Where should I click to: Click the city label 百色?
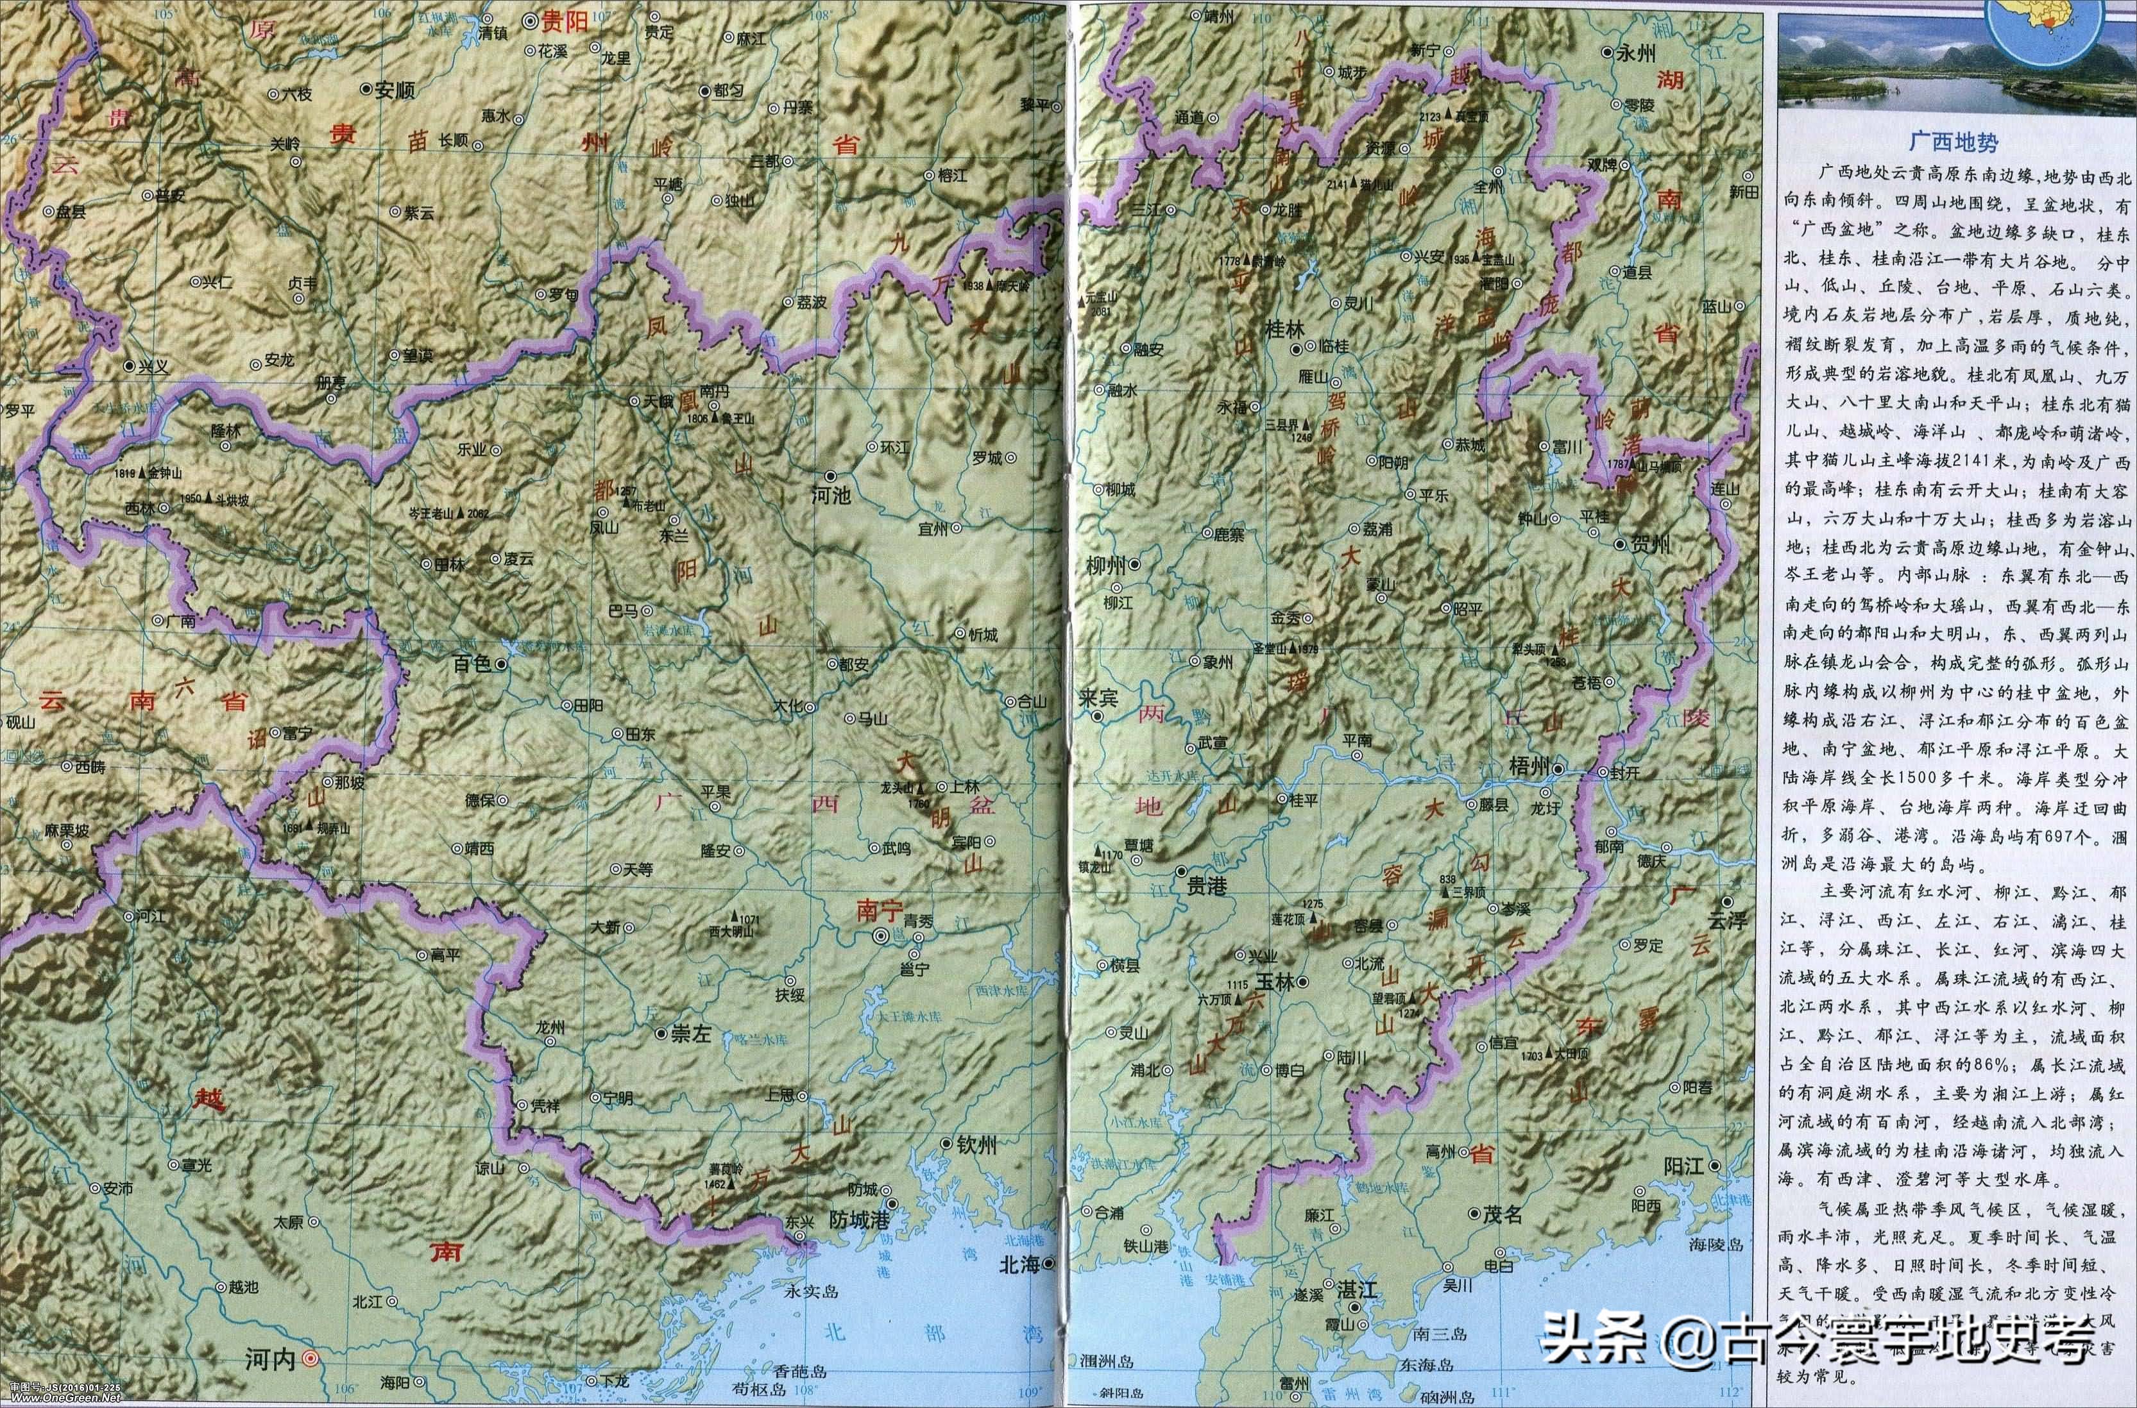point(472,663)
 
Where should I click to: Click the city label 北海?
point(1019,1264)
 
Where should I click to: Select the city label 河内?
point(270,1385)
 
